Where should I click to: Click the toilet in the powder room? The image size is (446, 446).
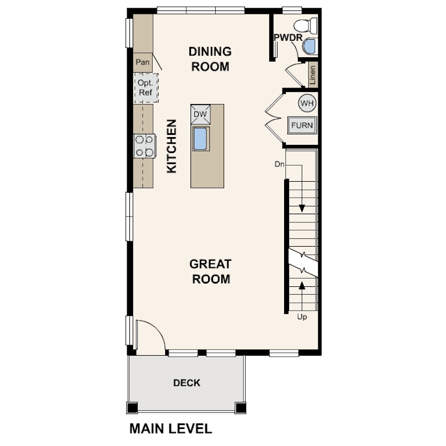point(306,25)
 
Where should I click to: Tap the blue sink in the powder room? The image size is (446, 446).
point(309,46)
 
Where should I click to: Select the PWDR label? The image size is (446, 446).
point(288,37)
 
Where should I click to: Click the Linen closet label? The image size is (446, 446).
point(313,75)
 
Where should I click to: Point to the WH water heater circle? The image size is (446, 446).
point(307,103)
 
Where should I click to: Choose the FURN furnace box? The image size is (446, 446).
point(302,125)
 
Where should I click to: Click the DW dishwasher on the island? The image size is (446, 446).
point(200,115)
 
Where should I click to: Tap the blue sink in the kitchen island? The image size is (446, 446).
point(200,139)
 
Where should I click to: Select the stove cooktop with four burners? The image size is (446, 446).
point(145,146)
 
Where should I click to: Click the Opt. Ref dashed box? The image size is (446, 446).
point(146,88)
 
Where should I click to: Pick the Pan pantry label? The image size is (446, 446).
point(143,62)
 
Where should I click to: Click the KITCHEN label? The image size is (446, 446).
point(171,146)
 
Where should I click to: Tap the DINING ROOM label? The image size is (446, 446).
point(210,59)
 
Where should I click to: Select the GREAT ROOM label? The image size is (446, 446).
point(210,271)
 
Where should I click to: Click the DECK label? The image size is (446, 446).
point(187,383)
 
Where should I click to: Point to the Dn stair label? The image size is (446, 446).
point(280,164)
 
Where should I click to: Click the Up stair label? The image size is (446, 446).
point(302,317)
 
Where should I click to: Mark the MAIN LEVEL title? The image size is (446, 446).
point(171,428)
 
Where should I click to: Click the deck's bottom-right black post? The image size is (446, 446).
point(241,407)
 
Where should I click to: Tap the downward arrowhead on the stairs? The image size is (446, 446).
point(302,208)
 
